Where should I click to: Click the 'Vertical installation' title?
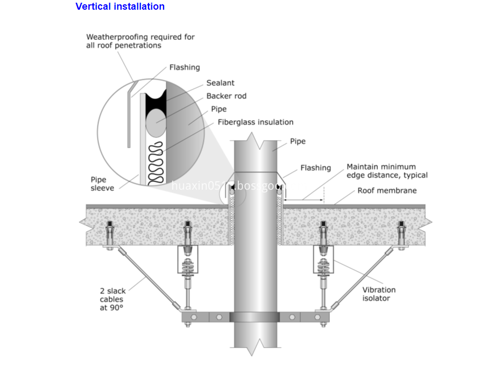120,7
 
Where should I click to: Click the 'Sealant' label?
220,84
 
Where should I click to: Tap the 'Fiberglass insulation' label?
256,122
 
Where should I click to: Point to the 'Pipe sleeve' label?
102,184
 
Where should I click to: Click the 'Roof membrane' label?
387,191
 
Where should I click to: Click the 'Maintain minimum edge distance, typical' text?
387,171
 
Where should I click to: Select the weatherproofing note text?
140,41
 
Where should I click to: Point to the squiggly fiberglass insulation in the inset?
157,162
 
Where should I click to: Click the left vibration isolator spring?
187,266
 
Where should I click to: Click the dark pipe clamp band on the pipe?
255,317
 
